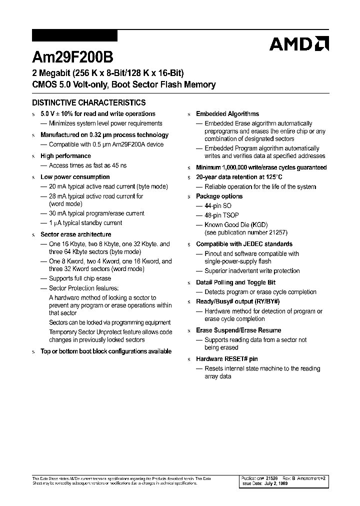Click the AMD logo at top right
click(299, 44)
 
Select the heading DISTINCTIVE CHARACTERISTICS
click(89, 102)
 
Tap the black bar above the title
click(74, 35)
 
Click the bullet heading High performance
click(65, 156)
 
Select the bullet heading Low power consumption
click(75, 177)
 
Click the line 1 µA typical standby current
click(85, 223)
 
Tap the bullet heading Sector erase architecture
click(75, 234)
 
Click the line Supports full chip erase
click(80, 278)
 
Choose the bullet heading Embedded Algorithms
click(227, 114)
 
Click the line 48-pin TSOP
click(221, 215)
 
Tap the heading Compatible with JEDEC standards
click(244, 244)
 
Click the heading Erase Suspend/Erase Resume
click(238, 330)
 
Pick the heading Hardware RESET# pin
click(226, 359)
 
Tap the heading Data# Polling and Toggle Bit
click(235, 282)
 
